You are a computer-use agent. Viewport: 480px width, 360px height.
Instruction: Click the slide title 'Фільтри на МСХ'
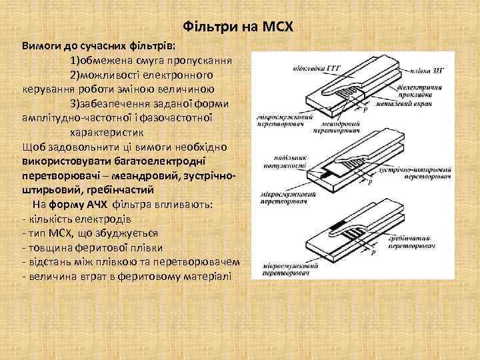click(x=237, y=27)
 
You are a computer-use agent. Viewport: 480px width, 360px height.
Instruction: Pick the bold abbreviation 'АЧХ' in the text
click(x=98, y=204)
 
